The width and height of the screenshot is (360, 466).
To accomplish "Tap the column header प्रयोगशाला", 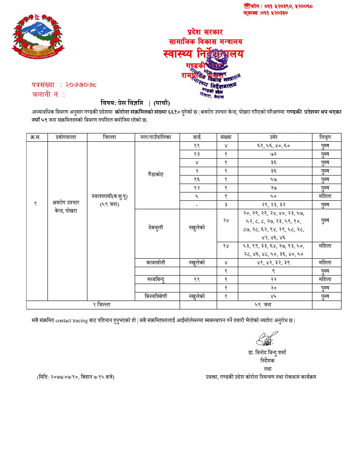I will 66,137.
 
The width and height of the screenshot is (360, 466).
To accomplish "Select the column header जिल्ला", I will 110,137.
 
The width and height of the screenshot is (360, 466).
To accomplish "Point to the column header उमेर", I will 273,137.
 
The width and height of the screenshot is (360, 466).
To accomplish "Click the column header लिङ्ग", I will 325,137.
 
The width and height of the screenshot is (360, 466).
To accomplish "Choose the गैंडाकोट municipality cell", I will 156,175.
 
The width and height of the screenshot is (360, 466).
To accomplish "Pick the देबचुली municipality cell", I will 156,227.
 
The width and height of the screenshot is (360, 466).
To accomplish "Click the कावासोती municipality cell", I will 156,263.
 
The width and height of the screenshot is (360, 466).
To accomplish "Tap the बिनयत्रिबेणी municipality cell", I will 156,296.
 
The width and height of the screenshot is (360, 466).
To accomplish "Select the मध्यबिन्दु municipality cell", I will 156,279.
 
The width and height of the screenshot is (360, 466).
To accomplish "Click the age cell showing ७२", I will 273,154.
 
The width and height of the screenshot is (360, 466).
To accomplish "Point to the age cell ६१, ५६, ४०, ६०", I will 273,146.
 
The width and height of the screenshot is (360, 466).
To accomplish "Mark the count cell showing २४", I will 226,221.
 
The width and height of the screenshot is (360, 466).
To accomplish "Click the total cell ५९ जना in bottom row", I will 263,305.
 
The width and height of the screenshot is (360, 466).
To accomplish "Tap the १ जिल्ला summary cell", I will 102,305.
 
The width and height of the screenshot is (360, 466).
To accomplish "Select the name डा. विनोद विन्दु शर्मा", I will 267,352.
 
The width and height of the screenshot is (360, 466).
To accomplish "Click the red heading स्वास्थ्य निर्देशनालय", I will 203,54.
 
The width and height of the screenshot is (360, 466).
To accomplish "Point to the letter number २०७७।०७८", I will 81,85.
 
